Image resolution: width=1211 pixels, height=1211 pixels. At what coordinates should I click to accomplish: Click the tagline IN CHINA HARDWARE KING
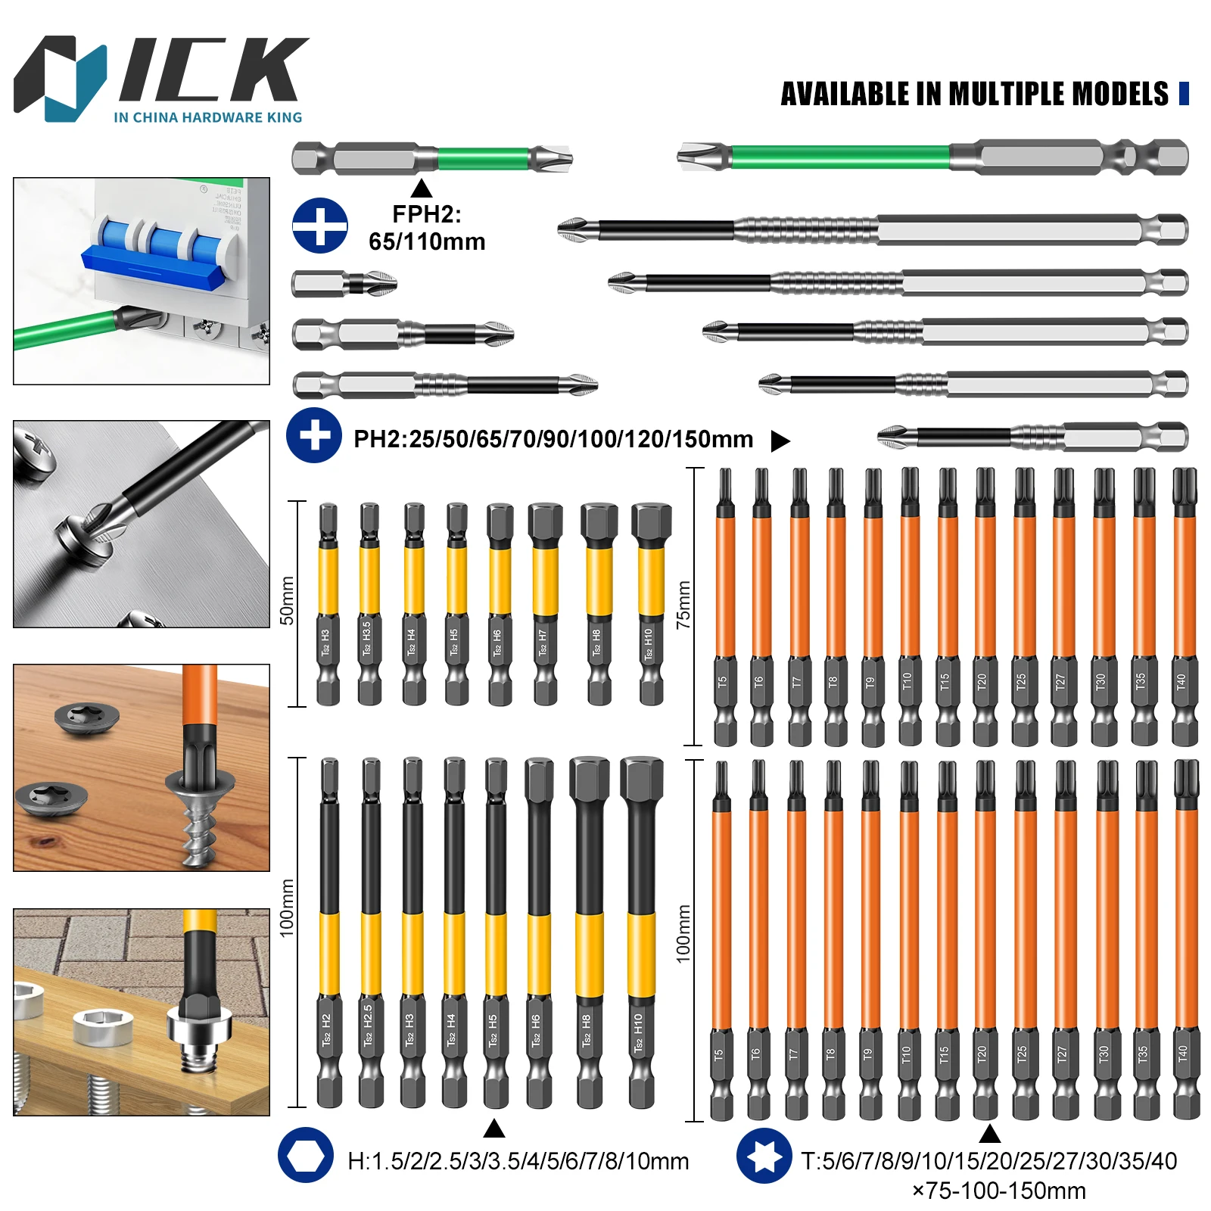[x=207, y=117]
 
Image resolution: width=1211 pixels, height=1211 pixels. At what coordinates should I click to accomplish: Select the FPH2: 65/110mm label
[x=427, y=228]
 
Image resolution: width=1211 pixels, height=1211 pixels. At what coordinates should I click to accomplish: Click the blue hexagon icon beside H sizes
[x=305, y=1155]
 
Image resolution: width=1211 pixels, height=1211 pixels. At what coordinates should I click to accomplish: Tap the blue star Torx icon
[x=764, y=1156]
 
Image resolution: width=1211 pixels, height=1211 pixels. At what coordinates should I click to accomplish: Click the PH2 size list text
[x=553, y=439]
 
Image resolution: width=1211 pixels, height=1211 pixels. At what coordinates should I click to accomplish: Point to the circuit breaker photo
[x=142, y=281]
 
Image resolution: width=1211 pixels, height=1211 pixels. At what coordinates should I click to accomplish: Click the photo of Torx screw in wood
[x=142, y=767]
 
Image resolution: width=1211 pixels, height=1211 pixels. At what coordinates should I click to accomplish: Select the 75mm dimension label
[x=684, y=605]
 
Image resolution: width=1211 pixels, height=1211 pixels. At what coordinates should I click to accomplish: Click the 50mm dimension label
[x=288, y=600]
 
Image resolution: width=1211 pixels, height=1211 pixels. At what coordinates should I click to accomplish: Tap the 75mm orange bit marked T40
[x=1184, y=605]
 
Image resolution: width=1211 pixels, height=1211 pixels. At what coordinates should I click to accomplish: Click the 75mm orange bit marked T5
[x=724, y=605]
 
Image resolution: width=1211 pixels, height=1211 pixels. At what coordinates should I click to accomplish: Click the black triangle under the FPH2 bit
[x=422, y=188]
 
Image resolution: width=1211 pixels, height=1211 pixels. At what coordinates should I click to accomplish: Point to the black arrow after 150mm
[x=780, y=441]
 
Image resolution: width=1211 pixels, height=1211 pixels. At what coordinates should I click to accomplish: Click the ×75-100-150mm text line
[x=998, y=1191]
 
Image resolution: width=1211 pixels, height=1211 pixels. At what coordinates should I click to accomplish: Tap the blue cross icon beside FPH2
[x=320, y=226]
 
